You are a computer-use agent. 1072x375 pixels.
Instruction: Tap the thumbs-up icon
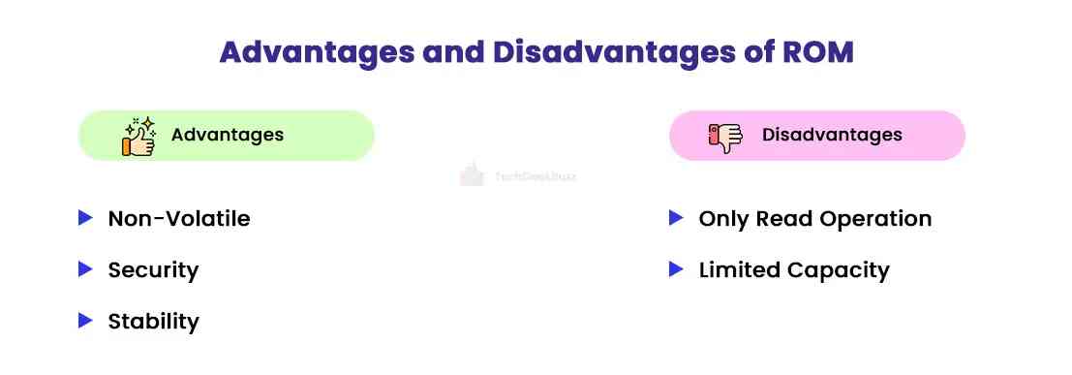tap(138, 136)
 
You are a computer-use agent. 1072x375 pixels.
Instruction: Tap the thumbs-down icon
tap(725, 137)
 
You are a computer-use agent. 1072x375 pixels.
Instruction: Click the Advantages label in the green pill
tap(228, 135)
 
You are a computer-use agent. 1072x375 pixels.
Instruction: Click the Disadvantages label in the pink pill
tap(832, 135)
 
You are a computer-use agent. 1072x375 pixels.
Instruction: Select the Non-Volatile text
tap(179, 219)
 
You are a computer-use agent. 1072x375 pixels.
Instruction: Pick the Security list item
tap(153, 270)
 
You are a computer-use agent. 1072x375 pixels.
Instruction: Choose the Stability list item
tap(153, 321)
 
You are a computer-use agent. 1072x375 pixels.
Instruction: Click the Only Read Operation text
tap(814, 219)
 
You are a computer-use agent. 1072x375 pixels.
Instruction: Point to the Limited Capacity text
tap(793, 270)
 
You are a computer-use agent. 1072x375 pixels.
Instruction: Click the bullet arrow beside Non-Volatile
tap(85, 218)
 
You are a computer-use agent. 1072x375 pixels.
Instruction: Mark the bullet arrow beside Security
tap(85, 269)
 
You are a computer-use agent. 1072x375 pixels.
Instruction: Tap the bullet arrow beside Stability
tap(85, 320)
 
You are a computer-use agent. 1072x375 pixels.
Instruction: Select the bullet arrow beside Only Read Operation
tap(677, 218)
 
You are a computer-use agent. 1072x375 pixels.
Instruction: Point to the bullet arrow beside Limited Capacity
tap(677, 269)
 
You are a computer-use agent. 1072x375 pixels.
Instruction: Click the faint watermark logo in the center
tap(472, 175)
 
